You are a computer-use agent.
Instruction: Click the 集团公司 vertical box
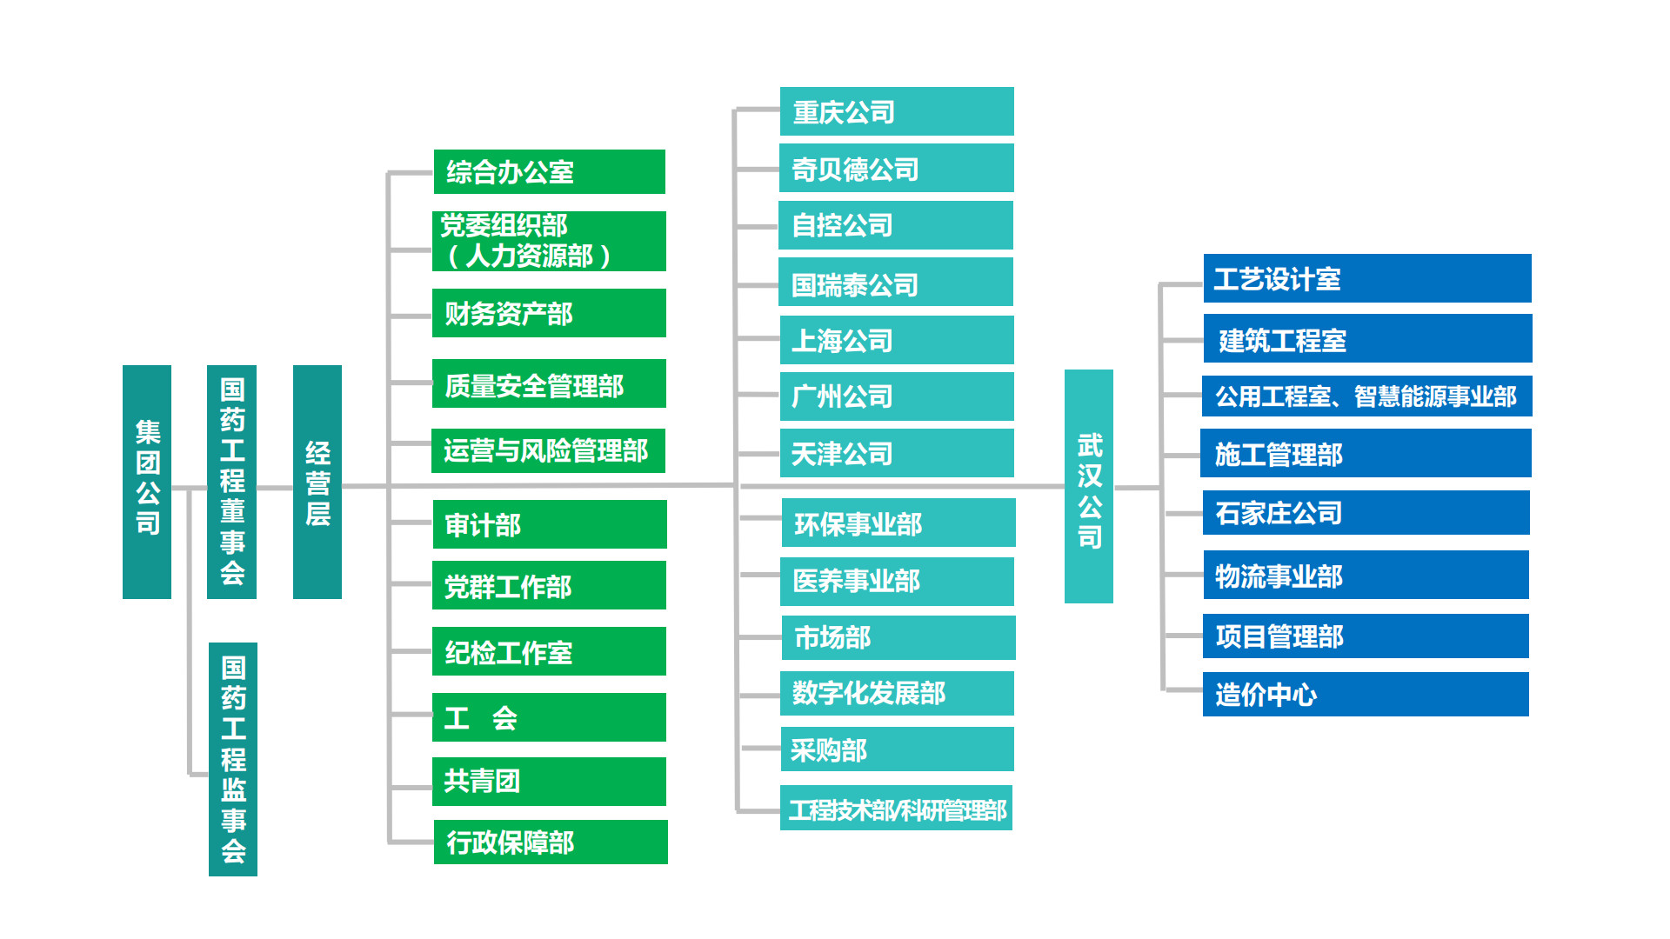pos(147,482)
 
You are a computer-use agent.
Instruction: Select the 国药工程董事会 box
pos(231,482)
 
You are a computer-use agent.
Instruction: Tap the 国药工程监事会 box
pos(233,759)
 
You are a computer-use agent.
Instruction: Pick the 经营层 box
pos(317,482)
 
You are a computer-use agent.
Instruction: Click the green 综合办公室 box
pos(549,171)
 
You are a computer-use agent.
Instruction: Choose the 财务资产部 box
pos(549,313)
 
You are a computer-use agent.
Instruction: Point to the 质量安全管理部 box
pos(549,383)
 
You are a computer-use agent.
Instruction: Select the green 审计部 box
pos(549,524)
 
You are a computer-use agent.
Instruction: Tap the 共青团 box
pos(549,781)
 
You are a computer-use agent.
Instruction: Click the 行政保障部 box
pos(551,842)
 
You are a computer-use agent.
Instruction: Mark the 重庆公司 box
pos(897,111)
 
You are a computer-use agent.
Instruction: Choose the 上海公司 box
pos(897,340)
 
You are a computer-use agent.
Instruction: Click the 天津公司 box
pos(897,453)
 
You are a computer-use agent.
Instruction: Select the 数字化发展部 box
pos(897,693)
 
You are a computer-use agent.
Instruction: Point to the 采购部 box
pos(897,749)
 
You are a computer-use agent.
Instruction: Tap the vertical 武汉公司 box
pos(1089,486)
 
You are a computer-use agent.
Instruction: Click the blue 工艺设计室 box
pos(1367,278)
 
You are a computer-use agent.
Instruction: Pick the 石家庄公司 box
pos(1366,512)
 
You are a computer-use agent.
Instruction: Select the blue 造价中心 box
pos(1366,694)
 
